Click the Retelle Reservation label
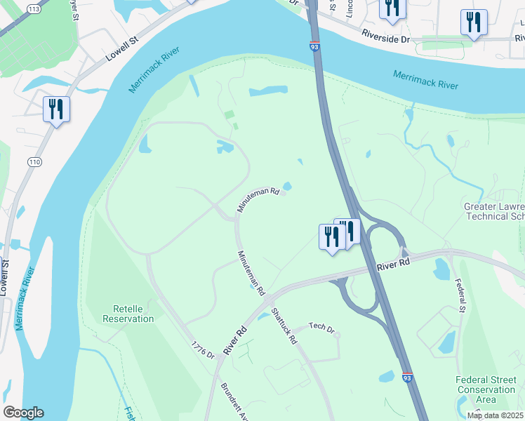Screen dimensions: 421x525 coord(128,313)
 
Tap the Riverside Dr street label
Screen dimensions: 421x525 coord(385,36)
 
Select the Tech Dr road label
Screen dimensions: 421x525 coord(322,328)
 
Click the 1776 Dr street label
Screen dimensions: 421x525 coord(201,351)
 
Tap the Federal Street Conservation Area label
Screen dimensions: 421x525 coord(486,389)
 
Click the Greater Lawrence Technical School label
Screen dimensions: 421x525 coord(494,211)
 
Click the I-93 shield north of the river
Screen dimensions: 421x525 coord(313,46)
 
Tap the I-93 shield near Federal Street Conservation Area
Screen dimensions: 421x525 coord(408,377)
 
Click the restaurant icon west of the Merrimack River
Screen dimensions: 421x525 coord(56,110)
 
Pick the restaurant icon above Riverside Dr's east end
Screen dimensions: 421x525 coord(474,22)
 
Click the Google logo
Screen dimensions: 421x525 coord(23,413)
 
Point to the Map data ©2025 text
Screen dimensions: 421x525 coord(495,415)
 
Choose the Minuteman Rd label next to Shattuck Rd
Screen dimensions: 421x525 coord(251,273)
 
